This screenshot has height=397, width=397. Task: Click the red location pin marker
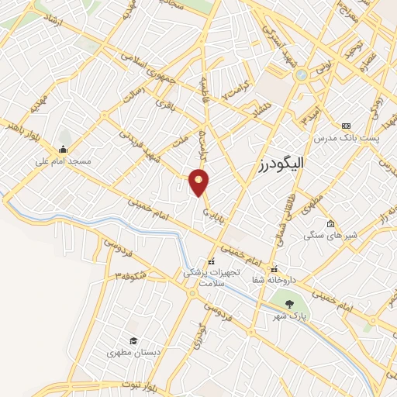tap(199, 181)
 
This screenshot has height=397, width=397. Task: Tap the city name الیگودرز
tap(281, 164)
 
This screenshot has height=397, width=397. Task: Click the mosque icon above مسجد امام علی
tap(63, 150)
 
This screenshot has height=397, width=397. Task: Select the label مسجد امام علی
tap(64, 162)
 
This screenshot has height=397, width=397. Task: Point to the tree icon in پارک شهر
tap(289, 303)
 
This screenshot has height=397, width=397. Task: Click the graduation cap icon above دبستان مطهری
tap(133, 340)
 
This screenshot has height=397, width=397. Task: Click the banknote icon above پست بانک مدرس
tap(346, 126)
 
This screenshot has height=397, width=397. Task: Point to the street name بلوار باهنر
tap(19, 126)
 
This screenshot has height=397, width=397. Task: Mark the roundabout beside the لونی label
tap(300, 74)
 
